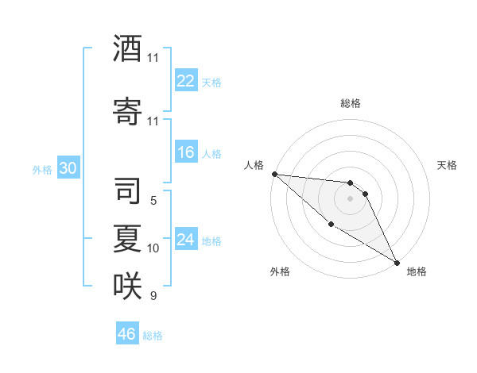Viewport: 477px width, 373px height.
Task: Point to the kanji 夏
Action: [x=127, y=237]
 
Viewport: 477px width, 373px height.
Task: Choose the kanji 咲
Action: [x=127, y=285]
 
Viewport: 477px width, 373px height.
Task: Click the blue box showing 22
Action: [x=186, y=81]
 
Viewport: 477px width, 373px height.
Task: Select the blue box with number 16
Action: [x=186, y=152]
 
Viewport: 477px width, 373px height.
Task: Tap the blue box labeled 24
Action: [x=186, y=240]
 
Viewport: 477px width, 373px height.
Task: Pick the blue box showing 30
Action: [x=67, y=168]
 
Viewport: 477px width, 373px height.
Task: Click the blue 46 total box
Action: [x=127, y=334]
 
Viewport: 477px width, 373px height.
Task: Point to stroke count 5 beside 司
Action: [x=153, y=201]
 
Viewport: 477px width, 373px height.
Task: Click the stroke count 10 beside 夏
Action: [x=153, y=248]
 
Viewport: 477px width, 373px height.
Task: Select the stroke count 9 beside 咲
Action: [x=153, y=296]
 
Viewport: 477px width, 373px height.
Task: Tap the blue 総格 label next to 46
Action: [x=153, y=336]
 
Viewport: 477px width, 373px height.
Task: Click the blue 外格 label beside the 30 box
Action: [x=41, y=169]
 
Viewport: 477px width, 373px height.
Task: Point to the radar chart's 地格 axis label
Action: [x=417, y=271]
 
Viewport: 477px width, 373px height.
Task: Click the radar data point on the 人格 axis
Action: [x=274, y=174]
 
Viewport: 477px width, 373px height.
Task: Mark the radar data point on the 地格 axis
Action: [x=397, y=262]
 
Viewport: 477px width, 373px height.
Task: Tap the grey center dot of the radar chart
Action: [x=350, y=198]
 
